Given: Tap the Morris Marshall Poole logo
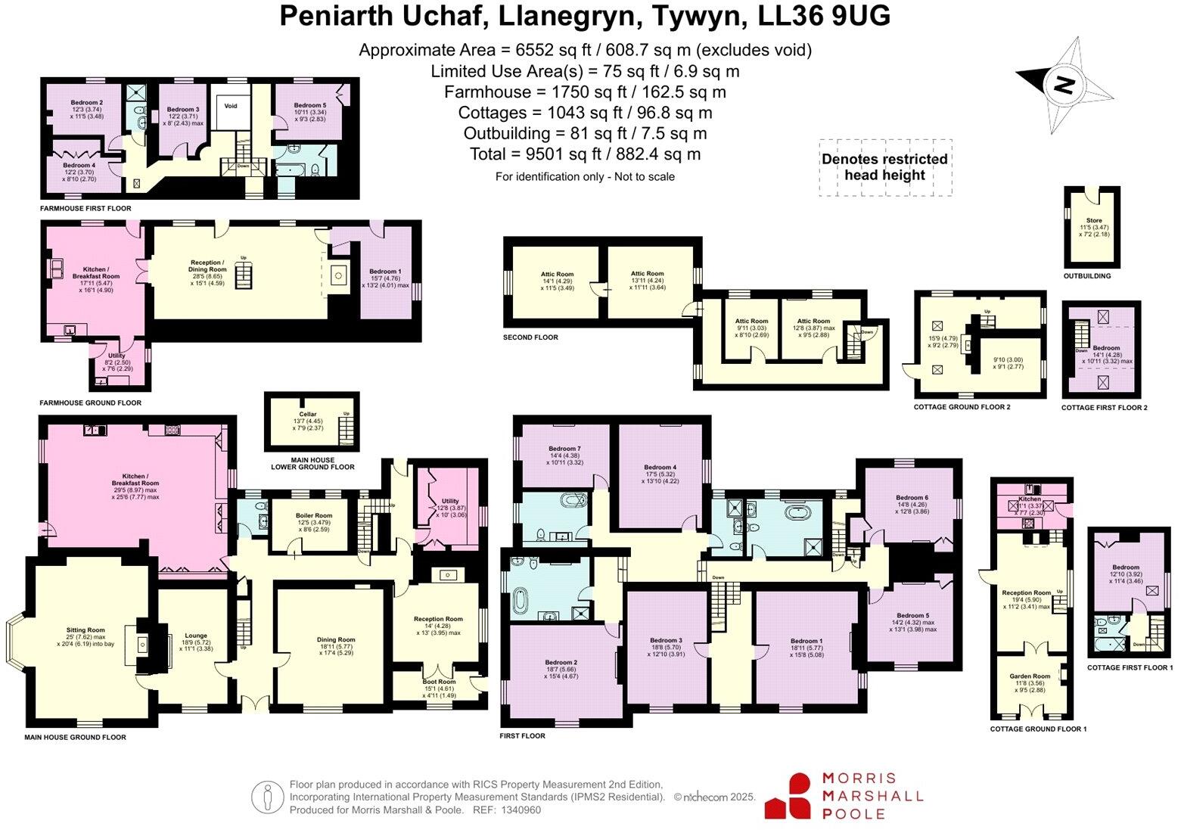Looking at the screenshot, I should (844, 796).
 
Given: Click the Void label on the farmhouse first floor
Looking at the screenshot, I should (230, 106).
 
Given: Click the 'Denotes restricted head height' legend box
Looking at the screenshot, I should (884, 167).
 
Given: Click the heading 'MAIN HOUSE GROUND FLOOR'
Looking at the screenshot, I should (75, 737).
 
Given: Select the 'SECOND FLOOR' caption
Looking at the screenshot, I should (530, 337).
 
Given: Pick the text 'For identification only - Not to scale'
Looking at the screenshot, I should (585, 177).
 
